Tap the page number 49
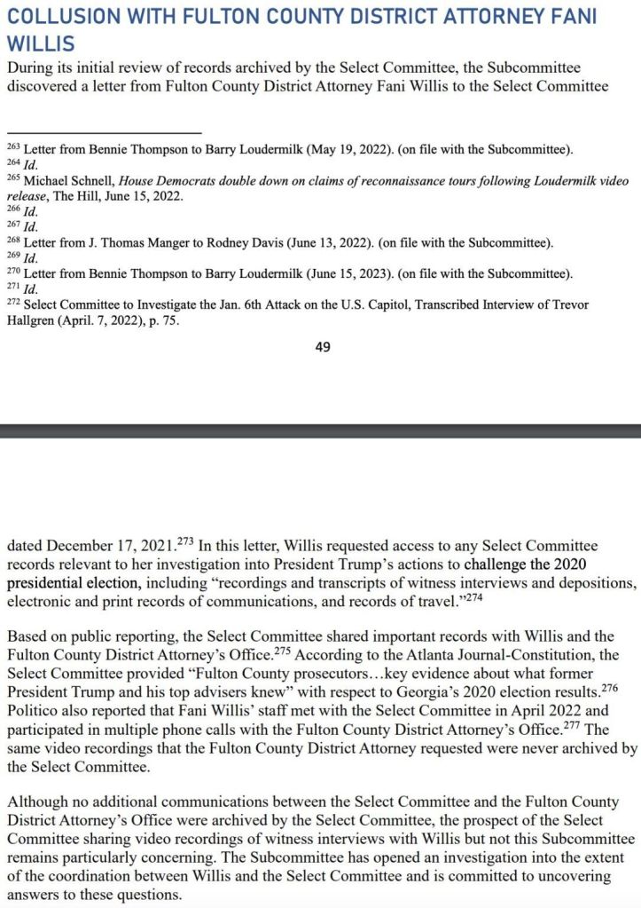tap(323, 347)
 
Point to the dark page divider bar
tap(320, 430)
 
